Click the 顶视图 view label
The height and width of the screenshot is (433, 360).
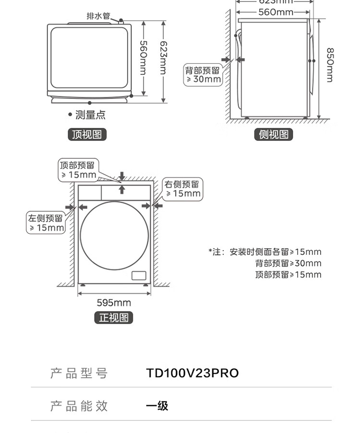86,134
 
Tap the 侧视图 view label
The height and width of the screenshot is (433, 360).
273,134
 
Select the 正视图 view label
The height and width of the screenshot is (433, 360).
114,318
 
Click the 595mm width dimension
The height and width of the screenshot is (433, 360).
114,303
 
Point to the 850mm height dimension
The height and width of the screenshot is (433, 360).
330,65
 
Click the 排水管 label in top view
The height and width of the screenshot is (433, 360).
98,16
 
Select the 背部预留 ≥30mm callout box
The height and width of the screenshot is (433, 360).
203,75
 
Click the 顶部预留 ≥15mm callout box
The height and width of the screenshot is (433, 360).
78,170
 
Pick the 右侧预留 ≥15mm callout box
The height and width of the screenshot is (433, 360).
183,189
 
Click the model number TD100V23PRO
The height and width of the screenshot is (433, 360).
192,373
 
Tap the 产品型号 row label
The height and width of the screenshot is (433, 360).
79,373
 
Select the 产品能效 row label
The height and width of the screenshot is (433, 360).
79,406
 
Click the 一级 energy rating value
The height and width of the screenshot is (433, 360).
157,406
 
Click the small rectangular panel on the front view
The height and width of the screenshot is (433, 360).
138,276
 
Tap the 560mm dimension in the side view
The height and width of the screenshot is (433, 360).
276,12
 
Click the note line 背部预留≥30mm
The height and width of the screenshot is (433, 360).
288,263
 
